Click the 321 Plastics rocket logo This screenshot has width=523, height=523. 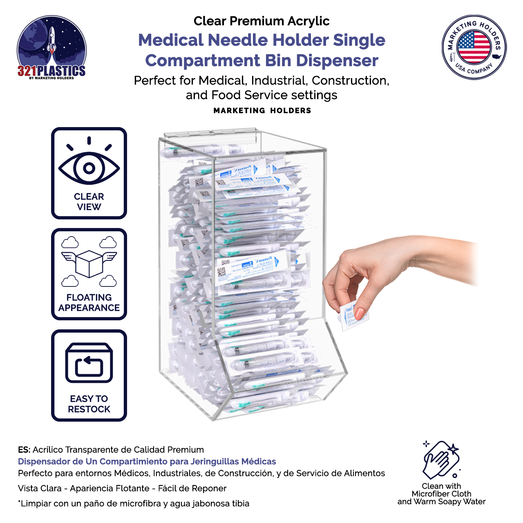click(x=51, y=47)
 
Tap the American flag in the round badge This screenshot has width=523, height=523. click(x=474, y=47)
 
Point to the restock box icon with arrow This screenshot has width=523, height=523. click(x=89, y=363)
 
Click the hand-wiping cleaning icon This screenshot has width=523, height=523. click(x=441, y=460)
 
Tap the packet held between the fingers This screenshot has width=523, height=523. click(x=353, y=315)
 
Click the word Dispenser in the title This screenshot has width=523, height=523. click(x=337, y=60)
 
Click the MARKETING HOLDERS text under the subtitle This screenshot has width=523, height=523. click(x=262, y=111)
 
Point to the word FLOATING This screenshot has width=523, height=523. click(x=89, y=297)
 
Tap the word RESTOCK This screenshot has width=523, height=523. click(x=89, y=409)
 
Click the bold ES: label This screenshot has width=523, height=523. click(x=24, y=450)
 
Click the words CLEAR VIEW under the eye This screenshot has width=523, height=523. click(x=89, y=202)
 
